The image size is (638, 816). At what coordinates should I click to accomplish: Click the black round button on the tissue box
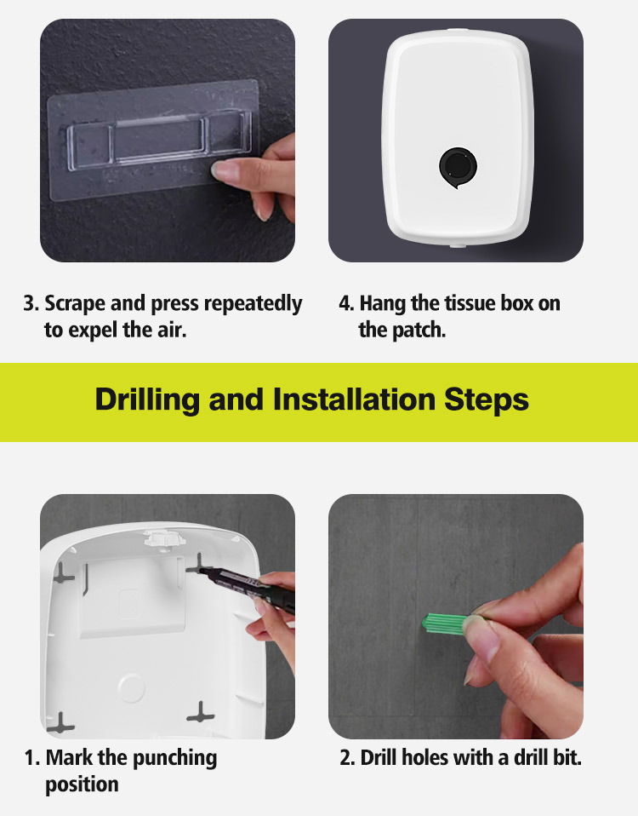[x=458, y=166]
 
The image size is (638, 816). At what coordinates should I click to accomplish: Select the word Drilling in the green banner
[x=147, y=400]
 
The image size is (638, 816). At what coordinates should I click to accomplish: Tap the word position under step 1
[x=82, y=784]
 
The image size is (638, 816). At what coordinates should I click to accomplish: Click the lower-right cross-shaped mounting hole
[x=201, y=712]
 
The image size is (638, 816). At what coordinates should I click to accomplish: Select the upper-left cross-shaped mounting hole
[x=64, y=573]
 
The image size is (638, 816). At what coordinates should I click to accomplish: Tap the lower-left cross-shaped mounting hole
[x=60, y=723]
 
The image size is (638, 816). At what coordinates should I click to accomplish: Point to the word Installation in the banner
[x=354, y=400]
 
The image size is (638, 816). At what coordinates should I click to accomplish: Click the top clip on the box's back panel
[x=165, y=537]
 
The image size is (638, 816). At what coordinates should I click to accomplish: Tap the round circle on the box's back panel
[x=132, y=687]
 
